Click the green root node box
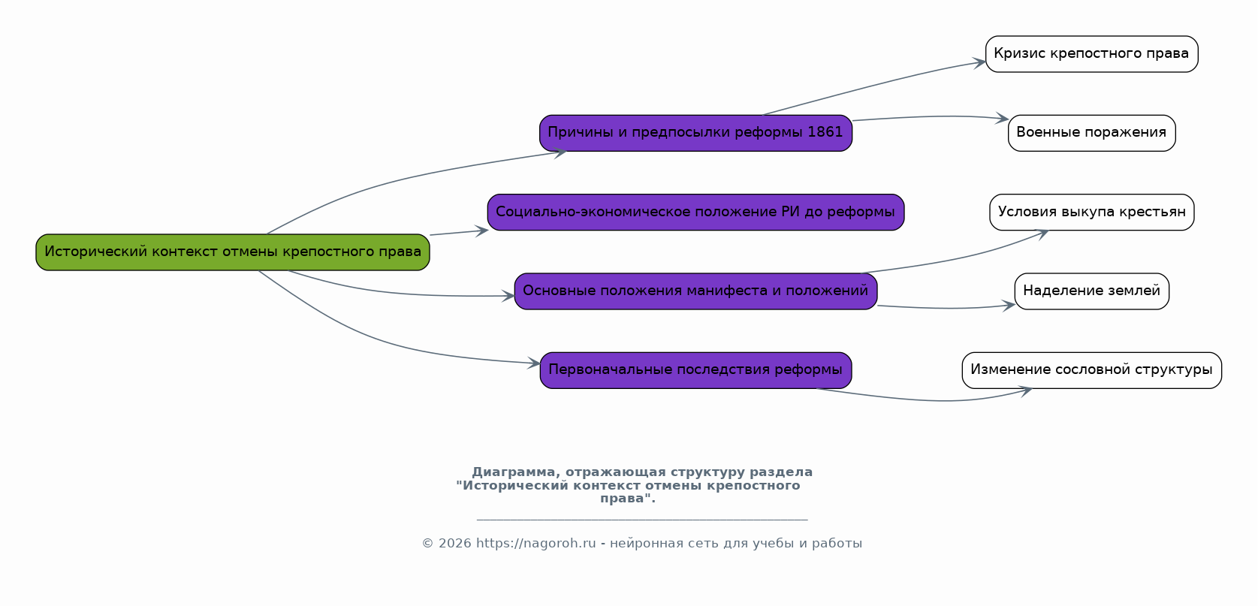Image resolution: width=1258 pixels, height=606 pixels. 233,252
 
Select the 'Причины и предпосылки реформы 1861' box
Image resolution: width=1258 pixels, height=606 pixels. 695,133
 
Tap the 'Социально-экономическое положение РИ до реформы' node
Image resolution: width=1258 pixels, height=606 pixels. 695,213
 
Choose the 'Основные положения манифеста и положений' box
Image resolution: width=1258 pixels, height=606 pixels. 695,291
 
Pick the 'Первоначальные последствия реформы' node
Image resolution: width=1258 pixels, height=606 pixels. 695,370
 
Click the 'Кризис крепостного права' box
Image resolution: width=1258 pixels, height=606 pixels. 1092,54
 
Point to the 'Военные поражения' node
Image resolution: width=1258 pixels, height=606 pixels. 1092,133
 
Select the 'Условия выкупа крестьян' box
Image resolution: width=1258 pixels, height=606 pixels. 1092,213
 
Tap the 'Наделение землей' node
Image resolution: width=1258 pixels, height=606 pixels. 1092,291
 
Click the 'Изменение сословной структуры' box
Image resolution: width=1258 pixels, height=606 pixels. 1092,370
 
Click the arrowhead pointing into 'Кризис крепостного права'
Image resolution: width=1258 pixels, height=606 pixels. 979,62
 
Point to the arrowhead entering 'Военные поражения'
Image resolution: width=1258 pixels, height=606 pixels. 1002,118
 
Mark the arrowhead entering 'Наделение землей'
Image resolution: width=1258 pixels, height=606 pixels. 1009,306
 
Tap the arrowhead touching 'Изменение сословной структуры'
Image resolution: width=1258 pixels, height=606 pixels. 1025,391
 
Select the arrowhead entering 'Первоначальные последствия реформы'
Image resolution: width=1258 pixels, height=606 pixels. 534,363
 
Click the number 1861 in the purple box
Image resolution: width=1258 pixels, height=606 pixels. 825,132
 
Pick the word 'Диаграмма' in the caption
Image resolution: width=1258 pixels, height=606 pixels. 513,472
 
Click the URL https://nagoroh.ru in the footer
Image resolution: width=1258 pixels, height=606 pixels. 535,544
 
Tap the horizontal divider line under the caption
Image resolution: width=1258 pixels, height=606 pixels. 642,520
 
